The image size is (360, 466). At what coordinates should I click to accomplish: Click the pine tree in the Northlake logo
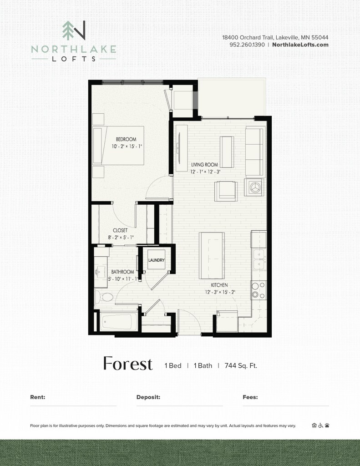coord(68,30)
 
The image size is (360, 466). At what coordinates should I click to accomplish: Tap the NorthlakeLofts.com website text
coord(300,45)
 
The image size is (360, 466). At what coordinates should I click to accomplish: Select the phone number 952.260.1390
coord(247,45)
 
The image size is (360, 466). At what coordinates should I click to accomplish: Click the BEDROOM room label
coord(126,139)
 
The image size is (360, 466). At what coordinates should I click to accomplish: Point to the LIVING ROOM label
coord(204,165)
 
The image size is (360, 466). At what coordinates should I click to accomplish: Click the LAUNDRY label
coord(157,260)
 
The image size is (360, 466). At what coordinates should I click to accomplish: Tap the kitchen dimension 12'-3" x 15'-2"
coord(220,292)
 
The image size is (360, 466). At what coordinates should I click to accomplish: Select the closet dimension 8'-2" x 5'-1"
coord(121,238)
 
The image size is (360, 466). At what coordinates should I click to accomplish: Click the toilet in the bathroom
coord(104,297)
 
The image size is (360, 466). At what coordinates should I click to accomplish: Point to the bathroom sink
coord(101,272)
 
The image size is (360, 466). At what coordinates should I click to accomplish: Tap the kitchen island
coord(212,256)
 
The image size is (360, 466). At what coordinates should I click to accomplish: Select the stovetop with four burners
coord(259,290)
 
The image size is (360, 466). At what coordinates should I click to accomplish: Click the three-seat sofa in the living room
coord(255,152)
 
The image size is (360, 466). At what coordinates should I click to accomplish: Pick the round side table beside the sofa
coord(254,187)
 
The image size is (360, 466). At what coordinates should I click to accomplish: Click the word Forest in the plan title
coord(128,364)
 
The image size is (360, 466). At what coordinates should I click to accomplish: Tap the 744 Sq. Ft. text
coord(241,365)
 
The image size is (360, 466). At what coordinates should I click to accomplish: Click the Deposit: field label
coord(148,397)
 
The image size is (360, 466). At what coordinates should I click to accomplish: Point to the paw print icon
coord(327,425)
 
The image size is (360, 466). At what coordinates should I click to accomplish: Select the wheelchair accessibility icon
coord(320,425)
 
